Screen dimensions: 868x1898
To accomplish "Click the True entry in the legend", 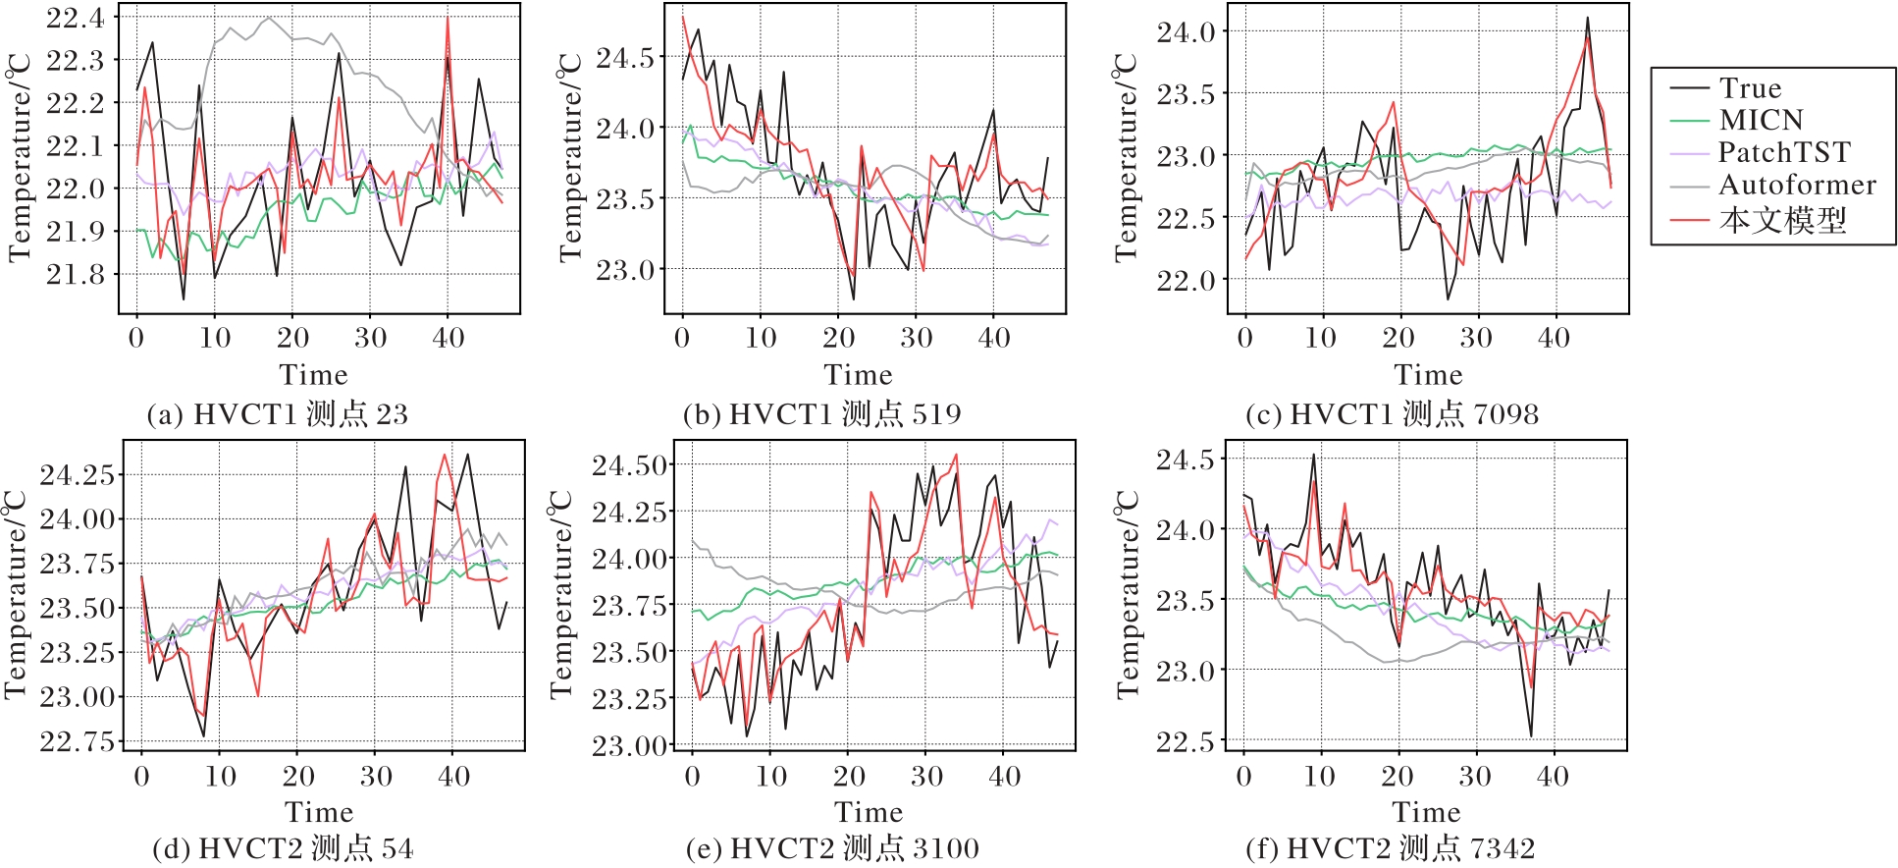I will click(1750, 88).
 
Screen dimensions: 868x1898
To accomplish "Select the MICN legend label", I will click(1761, 121).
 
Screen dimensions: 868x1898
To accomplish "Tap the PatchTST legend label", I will click(1783, 153).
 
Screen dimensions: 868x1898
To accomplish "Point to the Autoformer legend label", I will click(1797, 186).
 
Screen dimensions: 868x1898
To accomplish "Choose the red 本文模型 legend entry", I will click(1782, 220).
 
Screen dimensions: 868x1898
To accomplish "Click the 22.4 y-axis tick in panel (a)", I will click(76, 18).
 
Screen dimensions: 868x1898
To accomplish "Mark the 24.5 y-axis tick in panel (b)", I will click(624, 58).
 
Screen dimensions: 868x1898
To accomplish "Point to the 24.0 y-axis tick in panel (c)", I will click(1186, 32).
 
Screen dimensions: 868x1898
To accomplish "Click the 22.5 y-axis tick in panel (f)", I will click(1185, 741).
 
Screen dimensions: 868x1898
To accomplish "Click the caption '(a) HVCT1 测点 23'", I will click(278, 414).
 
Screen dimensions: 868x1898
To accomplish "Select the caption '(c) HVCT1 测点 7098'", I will click(1392, 414).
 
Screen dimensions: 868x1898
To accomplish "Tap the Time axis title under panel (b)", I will click(859, 375).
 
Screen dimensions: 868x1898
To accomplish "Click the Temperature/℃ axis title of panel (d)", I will click(16, 595).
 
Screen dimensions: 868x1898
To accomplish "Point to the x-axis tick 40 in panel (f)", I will click(1553, 777).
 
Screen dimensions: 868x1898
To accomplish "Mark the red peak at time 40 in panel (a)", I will click(448, 17).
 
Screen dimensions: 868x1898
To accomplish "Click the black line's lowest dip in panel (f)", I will click(1531, 735).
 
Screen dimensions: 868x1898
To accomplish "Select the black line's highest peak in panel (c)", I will click(1587, 18).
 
